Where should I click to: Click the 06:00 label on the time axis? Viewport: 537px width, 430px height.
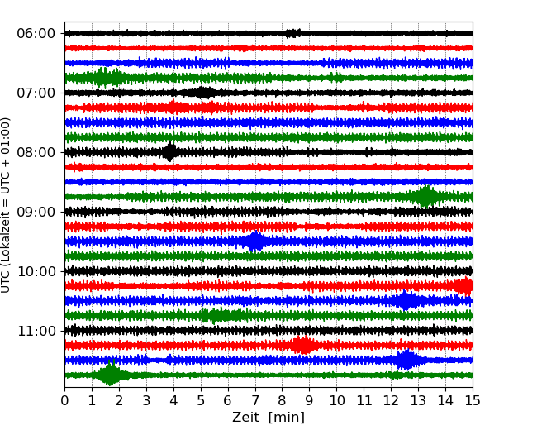click(36, 33)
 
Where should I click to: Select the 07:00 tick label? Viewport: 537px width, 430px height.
click(36, 93)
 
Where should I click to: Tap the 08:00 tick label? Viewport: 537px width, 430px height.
click(36, 152)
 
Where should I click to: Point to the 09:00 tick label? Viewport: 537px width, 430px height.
click(36, 212)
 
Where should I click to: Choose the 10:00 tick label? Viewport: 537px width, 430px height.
click(36, 271)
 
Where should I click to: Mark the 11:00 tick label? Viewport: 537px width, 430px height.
click(36, 331)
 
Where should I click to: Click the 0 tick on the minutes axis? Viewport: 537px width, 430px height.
click(64, 401)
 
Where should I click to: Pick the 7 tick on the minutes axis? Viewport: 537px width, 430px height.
click(255, 401)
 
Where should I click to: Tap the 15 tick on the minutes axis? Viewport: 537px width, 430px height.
click(473, 401)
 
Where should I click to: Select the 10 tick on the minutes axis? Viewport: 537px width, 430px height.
click(336, 401)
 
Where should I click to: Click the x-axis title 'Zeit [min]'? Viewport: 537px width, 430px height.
click(268, 418)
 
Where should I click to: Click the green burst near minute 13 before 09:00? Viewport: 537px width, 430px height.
click(426, 197)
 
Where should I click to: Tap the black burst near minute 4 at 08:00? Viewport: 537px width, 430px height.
click(169, 152)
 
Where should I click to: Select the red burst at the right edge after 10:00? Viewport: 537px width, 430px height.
click(464, 286)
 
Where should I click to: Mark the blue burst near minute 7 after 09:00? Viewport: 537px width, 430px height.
click(255, 241)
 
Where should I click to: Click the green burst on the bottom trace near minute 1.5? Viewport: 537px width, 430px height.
click(109, 375)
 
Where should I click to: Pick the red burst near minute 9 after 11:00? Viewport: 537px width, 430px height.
click(303, 346)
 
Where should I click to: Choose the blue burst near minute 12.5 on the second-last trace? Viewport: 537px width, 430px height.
click(406, 360)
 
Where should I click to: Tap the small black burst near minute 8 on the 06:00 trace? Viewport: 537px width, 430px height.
click(292, 33)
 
